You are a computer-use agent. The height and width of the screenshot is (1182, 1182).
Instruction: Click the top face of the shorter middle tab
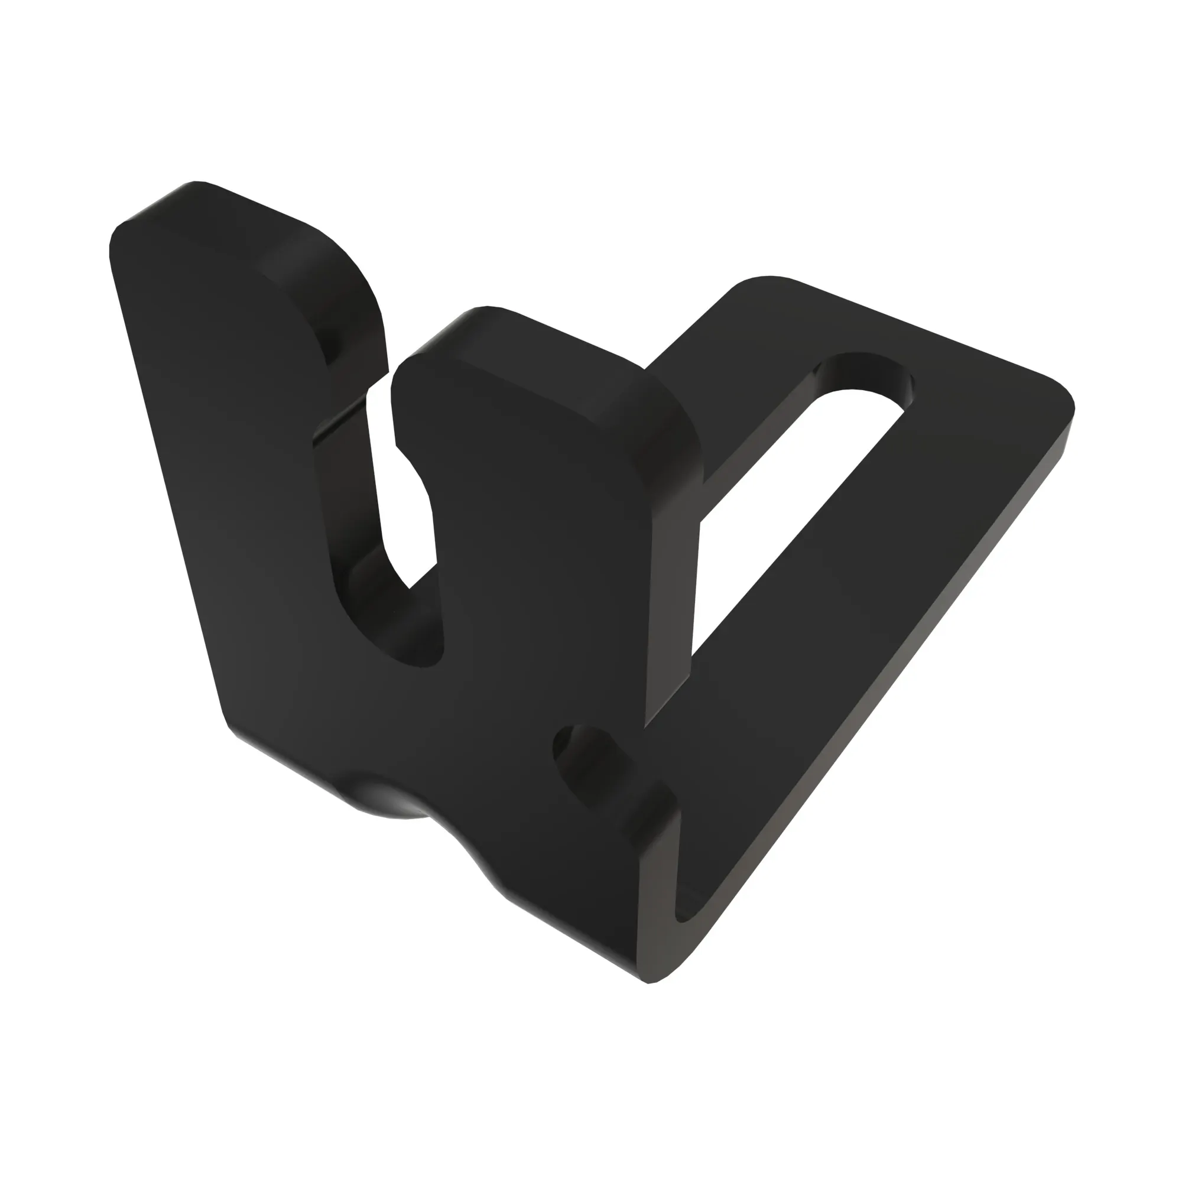[538, 355]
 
